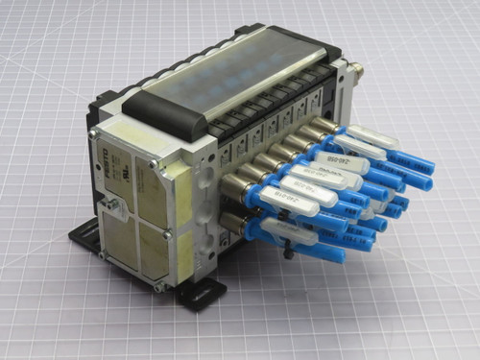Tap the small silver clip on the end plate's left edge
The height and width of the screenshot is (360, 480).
click(113, 204)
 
